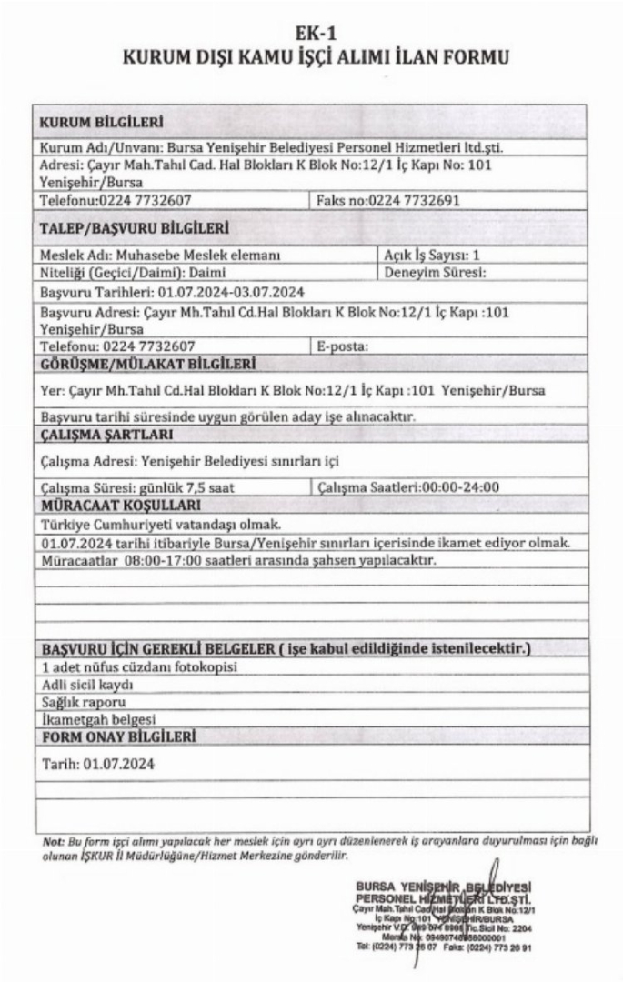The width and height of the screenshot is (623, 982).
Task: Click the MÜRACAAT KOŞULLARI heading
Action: click(x=121, y=505)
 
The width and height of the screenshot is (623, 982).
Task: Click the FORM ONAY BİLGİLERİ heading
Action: click(x=118, y=736)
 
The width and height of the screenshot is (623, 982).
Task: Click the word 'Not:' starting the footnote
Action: click(x=53, y=841)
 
